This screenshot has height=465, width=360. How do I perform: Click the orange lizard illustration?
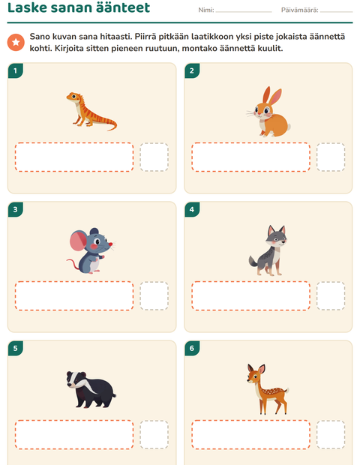91,111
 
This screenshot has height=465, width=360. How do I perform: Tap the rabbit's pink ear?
276,96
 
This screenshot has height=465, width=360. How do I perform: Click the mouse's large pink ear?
78,240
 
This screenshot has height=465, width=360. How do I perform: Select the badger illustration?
91,389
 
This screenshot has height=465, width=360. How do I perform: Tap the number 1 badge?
16,70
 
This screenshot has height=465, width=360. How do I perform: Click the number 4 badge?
192,209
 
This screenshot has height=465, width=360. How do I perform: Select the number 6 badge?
192,348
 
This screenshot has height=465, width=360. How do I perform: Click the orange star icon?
16,42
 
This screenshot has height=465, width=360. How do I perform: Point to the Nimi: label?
206,10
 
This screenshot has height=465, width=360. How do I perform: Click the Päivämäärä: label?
299,10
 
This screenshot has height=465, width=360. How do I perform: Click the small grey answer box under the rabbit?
331,157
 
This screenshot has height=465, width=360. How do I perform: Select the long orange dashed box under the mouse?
74,296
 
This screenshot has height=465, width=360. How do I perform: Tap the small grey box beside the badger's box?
154,435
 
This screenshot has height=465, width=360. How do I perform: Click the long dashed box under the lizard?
74,157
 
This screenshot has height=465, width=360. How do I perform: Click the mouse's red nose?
110,244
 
